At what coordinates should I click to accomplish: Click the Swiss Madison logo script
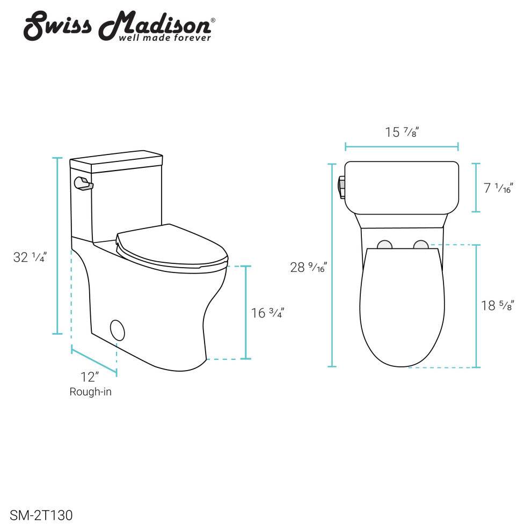point(119,25)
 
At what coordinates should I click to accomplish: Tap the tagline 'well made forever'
point(165,38)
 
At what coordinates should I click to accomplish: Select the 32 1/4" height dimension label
point(30,257)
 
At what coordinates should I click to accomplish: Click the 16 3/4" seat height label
point(267,313)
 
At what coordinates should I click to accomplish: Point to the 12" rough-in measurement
point(90,377)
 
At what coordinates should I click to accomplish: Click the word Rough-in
point(91,392)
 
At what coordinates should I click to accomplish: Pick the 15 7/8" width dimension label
point(402,132)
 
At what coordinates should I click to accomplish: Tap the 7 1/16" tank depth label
point(498,188)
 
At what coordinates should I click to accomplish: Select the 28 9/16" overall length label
point(308,268)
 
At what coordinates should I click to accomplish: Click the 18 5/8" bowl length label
point(498,306)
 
